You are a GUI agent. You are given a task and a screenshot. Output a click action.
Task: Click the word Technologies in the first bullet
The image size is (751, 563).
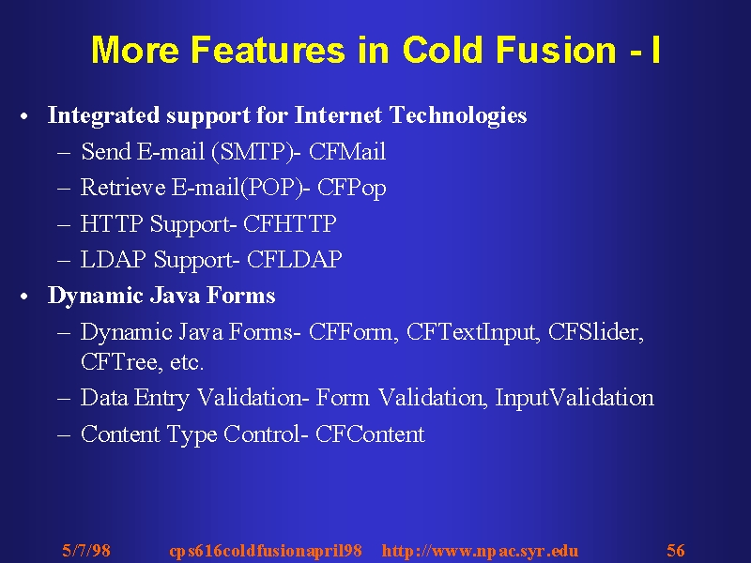[458, 115]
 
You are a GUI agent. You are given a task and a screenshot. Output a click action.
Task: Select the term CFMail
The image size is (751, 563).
[347, 151]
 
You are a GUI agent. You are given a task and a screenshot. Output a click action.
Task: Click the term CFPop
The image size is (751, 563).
[351, 188]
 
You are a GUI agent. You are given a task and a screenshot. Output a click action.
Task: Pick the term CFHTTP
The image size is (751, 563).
[290, 223]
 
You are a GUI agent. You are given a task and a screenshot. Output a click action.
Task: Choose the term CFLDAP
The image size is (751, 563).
[295, 260]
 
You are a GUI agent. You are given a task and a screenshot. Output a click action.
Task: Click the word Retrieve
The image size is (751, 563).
[123, 187]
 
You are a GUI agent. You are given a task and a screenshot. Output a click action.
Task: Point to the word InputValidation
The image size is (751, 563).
[575, 398]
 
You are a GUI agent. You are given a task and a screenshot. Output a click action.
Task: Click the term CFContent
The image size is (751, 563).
[370, 434]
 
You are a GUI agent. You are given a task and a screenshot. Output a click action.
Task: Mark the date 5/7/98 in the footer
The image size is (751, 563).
[86, 550]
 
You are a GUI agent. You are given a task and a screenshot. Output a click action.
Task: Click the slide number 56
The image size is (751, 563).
[676, 550]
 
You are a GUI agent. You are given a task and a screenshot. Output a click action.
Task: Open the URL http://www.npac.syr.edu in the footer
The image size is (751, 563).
[480, 551]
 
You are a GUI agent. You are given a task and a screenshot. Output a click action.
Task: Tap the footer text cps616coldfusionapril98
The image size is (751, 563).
[266, 551]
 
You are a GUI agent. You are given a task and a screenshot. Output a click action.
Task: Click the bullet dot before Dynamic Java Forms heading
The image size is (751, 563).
[24, 297]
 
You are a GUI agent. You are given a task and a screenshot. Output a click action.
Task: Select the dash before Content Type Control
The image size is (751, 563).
[64, 435]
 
